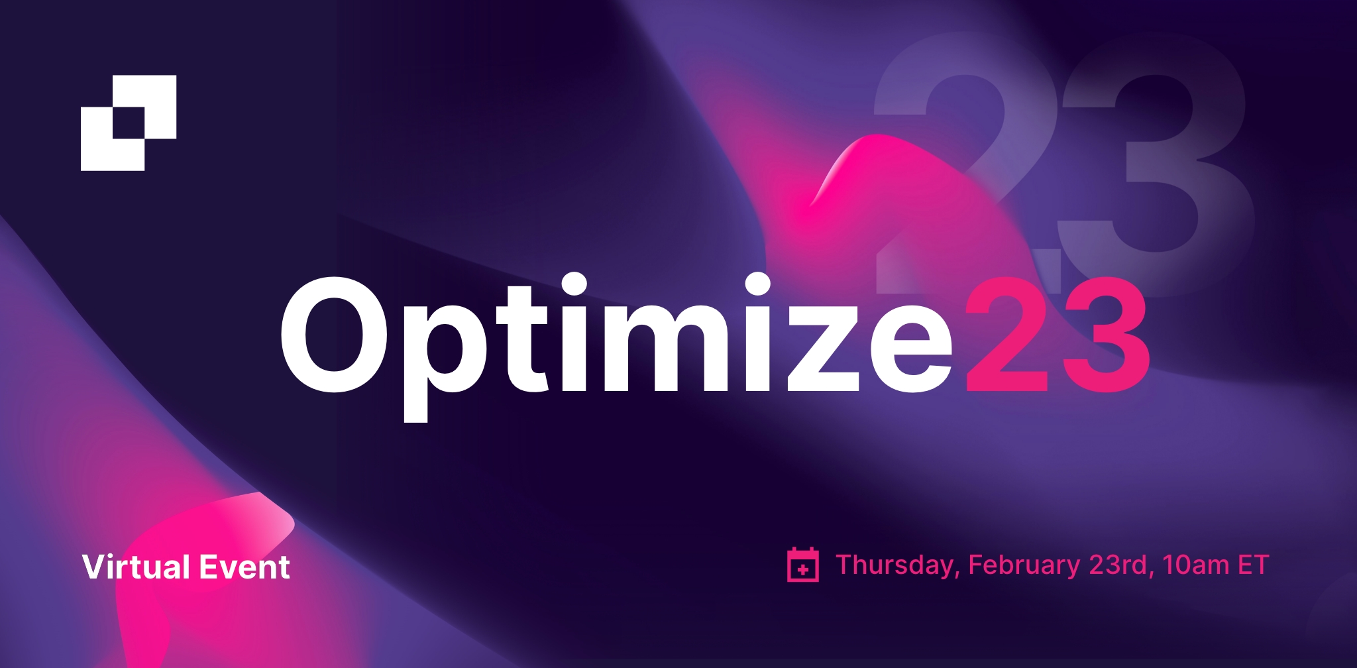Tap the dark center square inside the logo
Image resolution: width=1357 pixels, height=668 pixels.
pyautogui.click(x=129, y=123)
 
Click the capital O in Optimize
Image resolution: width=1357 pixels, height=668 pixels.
pyautogui.click(x=334, y=334)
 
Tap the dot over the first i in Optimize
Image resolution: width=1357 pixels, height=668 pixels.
pyautogui.click(x=574, y=284)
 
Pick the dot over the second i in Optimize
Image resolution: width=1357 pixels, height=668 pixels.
pyautogui.click(x=757, y=284)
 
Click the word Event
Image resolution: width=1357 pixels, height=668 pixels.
pyautogui.click(x=244, y=567)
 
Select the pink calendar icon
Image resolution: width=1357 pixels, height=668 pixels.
pyautogui.click(x=803, y=565)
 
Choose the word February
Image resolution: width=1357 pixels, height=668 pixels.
pyautogui.click(x=1024, y=566)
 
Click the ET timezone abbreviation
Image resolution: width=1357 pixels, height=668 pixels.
pyautogui.click(x=1254, y=565)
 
